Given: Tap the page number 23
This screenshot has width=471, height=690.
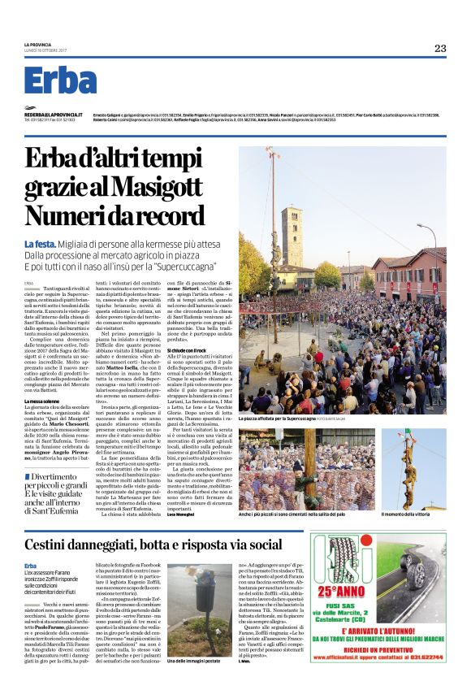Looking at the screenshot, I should pos(439,49).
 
